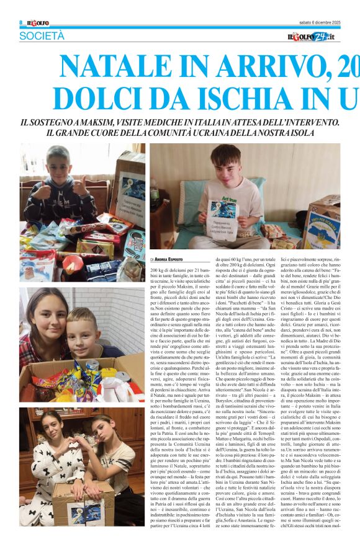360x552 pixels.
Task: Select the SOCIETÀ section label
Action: point(42,37)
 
